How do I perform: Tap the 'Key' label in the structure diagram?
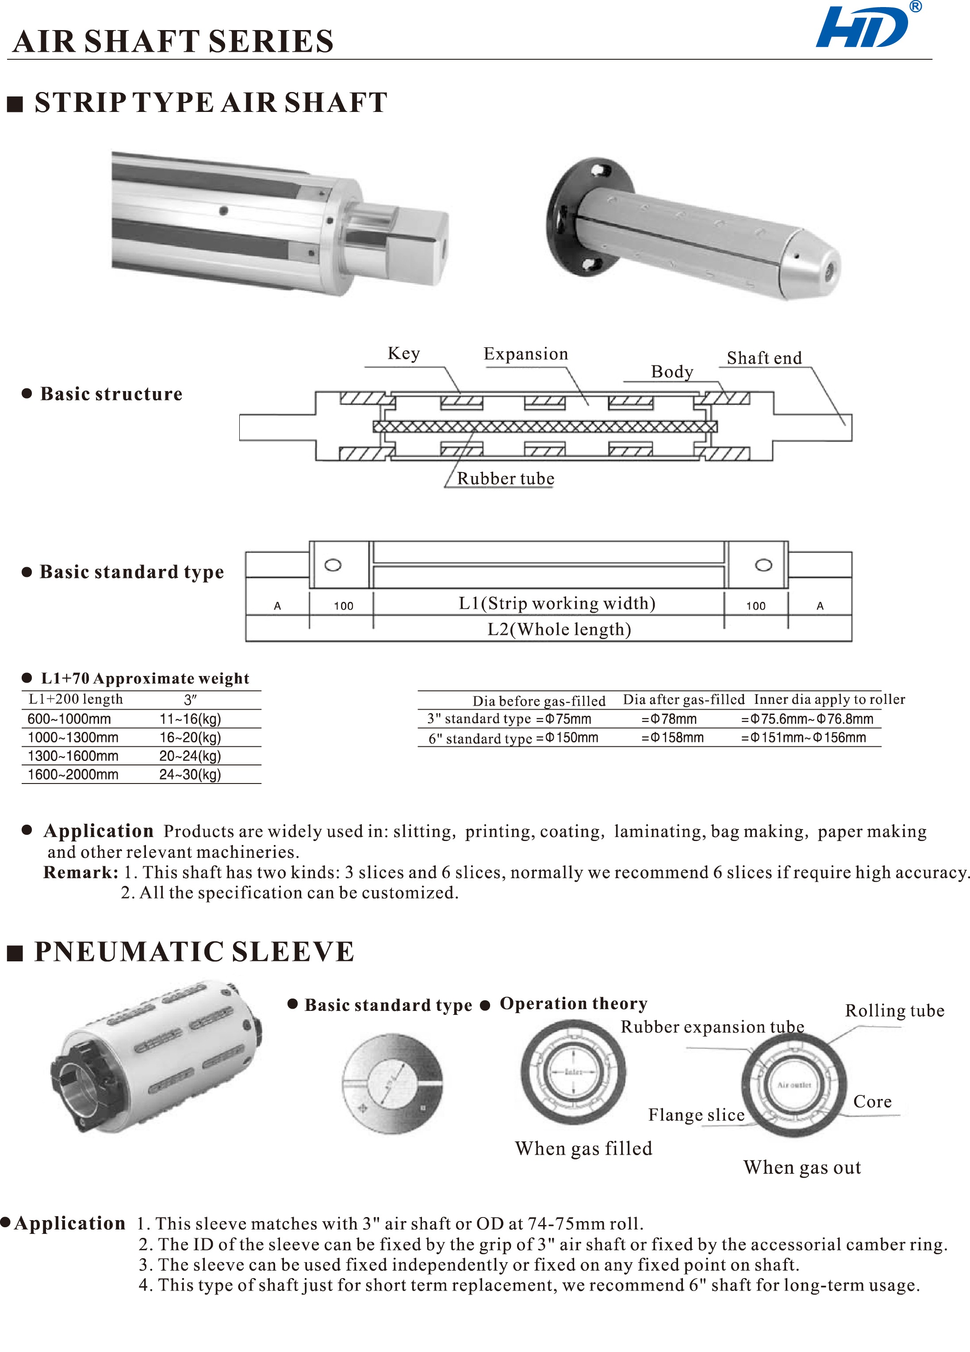click(403, 353)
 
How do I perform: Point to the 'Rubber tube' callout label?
click(505, 479)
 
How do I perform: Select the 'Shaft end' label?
click(764, 358)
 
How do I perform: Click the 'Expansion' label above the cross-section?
click(525, 354)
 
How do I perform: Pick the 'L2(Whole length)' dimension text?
click(559, 630)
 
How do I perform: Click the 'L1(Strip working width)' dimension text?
click(556, 603)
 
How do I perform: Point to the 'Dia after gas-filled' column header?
click(683, 699)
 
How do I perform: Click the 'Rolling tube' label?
click(894, 1011)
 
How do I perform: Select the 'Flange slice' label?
click(696, 1115)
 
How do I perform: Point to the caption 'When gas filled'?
click(583, 1149)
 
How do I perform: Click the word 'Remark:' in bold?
click(81, 873)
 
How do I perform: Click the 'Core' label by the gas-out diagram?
click(872, 1102)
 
